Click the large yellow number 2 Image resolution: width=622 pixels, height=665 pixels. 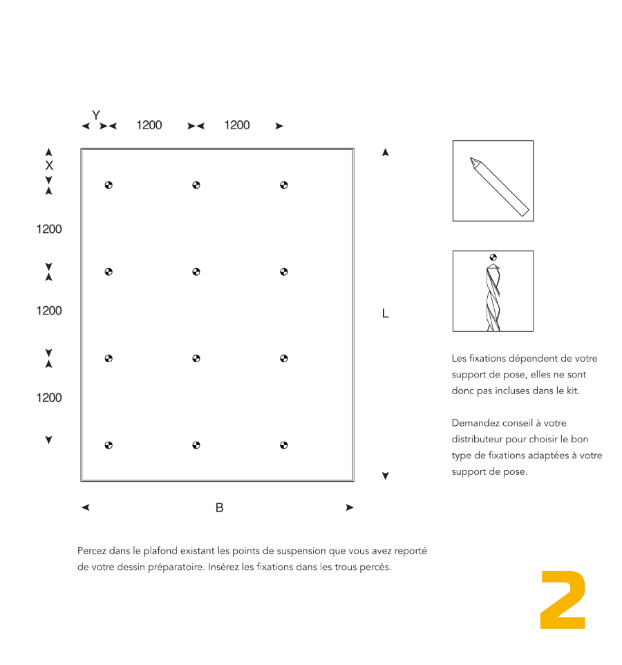pos(563,600)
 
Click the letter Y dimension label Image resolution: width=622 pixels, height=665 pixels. pos(96,115)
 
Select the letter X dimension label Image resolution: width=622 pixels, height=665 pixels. pos(49,166)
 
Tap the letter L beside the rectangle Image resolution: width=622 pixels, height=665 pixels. pos(386,314)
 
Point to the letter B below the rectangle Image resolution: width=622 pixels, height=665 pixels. pos(219,508)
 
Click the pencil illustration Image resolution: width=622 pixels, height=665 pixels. pos(499,186)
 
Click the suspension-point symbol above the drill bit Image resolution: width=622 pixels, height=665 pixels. pos(493,257)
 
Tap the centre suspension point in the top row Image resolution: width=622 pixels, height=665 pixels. pos(196,185)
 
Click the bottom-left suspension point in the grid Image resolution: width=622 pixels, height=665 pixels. pos(109,445)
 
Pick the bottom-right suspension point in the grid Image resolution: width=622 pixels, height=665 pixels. pos(284,445)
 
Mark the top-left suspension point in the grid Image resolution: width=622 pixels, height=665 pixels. pos(109,185)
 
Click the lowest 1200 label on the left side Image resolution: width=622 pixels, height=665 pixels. pos(49,397)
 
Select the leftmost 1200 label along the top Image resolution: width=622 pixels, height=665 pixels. pos(149,125)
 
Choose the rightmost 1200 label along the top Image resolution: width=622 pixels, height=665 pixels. pos(237,125)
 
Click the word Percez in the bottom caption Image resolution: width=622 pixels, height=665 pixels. pos(93,552)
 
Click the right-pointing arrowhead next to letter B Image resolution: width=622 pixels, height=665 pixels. pos(350,508)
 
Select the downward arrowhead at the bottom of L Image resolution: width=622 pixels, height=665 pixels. pos(386,476)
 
